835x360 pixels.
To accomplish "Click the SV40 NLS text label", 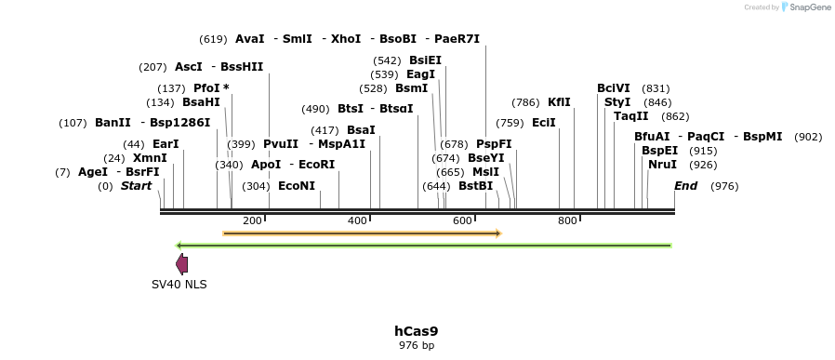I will click(x=179, y=284).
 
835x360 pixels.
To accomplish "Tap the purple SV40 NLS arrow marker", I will click(x=182, y=264).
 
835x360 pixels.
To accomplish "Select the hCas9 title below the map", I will click(x=416, y=330).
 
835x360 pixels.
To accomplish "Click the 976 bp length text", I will click(x=416, y=345).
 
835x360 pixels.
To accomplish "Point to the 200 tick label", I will click(x=252, y=221).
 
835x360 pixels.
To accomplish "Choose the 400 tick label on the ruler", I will click(x=357, y=221).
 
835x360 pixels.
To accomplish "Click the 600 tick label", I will click(x=462, y=221).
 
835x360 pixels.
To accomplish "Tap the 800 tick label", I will click(x=567, y=221).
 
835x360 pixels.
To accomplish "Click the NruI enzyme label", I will click(x=662, y=165).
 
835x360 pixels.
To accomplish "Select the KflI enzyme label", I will click(x=559, y=102).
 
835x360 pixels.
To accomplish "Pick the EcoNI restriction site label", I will click(x=297, y=186).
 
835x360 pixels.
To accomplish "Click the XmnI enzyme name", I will click(x=150, y=158).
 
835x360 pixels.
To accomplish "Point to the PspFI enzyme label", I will click(x=494, y=144).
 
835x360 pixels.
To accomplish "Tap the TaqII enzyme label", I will click(x=631, y=116).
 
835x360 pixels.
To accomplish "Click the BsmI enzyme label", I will click(x=412, y=88).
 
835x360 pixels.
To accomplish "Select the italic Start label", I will click(x=136, y=186).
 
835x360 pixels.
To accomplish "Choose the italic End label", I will click(x=685, y=186).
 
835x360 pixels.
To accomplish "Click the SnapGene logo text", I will click(x=808, y=7).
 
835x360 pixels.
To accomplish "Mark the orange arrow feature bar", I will click(x=362, y=233).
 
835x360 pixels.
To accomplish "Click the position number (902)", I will click(x=808, y=137).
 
